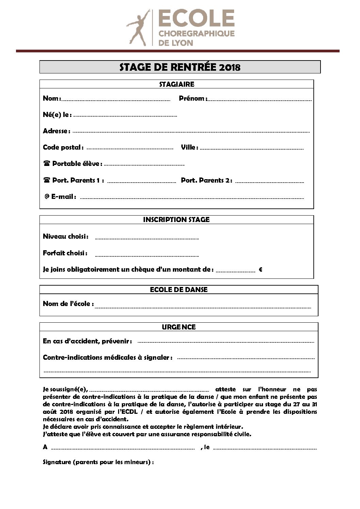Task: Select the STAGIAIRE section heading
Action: click(177, 84)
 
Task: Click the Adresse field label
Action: click(56, 131)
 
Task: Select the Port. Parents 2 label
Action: click(207, 180)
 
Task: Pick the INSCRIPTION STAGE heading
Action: click(176, 220)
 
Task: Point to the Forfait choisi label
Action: click(65, 253)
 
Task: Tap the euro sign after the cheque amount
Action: click(260, 270)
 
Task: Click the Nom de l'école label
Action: click(68, 304)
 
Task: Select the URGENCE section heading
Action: click(179, 327)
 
